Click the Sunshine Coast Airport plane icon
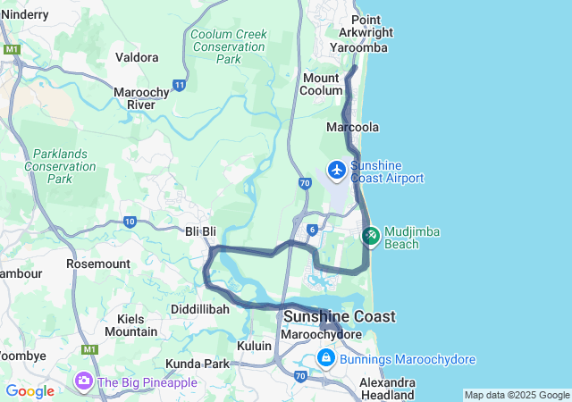(x=337, y=169)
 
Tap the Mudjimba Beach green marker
(x=370, y=235)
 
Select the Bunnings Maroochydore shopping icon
(x=326, y=359)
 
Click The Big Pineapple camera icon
(x=84, y=381)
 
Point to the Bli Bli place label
(x=200, y=231)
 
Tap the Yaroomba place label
(x=358, y=47)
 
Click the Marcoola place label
(x=352, y=128)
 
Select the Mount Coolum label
(x=321, y=84)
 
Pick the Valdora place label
(x=137, y=57)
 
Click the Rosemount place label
(x=98, y=264)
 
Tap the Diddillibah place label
(x=200, y=308)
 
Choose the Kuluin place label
(x=254, y=345)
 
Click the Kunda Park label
(x=198, y=364)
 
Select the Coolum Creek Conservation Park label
(x=229, y=46)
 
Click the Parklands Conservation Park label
(x=60, y=166)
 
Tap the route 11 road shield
(x=180, y=85)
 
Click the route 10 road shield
(x=130, y=221)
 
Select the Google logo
(x=29, y=391)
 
